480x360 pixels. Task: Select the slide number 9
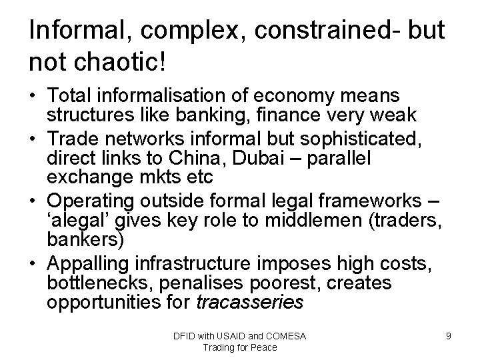[x=449, y=336]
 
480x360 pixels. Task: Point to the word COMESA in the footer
[x=285, y=336]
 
